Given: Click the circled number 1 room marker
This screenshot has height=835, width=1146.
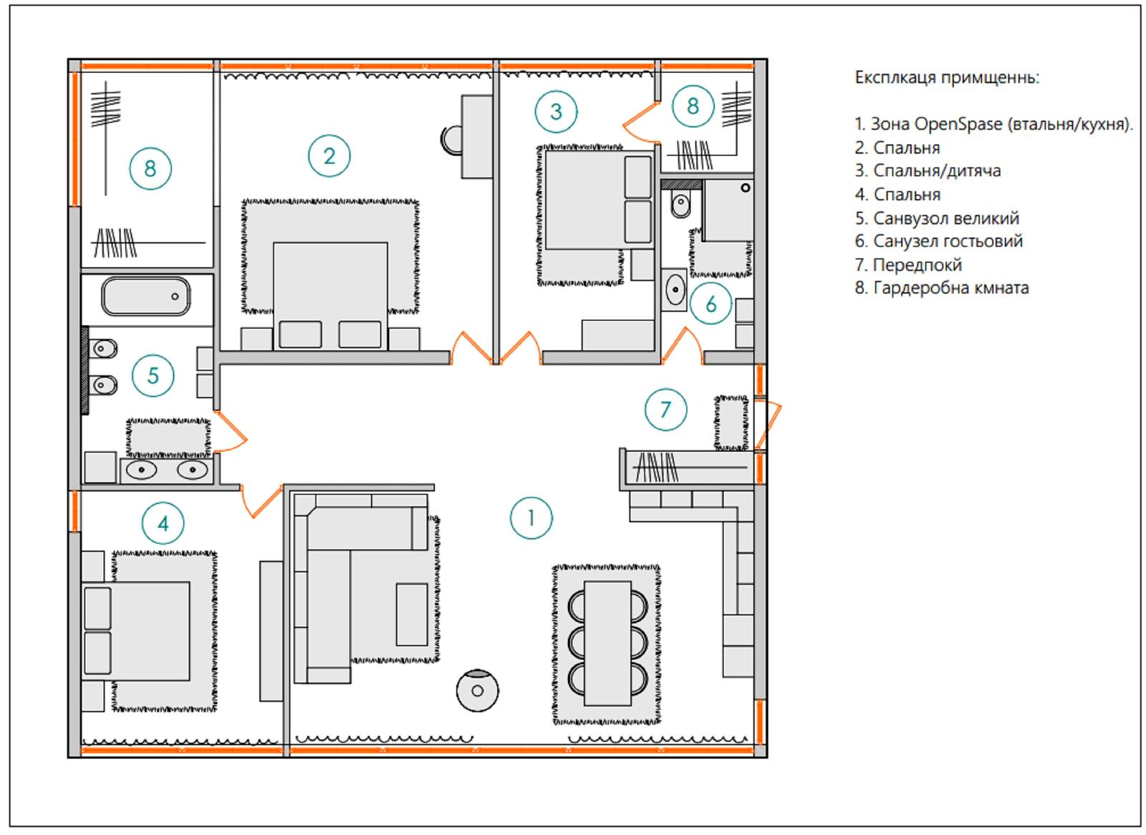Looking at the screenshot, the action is [x=531, y=518].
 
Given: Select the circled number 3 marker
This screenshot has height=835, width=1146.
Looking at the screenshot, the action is [x=556, y=112].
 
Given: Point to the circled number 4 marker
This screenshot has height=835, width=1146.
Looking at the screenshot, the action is [x=163, y=523].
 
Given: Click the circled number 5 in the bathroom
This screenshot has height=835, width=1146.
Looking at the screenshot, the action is [x=153, y=375].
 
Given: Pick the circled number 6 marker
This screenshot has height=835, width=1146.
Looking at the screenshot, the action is [x=711, y=304].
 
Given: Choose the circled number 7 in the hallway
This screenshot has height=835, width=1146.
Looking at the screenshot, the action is [x=665, y=410].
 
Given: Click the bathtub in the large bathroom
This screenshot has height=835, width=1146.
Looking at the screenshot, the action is [x=146, y=296].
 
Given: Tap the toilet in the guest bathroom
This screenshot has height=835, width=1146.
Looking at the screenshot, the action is [x=680, y=203].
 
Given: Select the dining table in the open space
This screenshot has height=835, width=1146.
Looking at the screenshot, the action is [x=607, y=643].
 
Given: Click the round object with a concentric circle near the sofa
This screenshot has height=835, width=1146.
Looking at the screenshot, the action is [x=477, y=690].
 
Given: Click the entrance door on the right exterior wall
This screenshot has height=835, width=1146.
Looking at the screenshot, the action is [x=768, y=425].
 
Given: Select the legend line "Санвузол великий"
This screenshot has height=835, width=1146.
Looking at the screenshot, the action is [x=937, y=218].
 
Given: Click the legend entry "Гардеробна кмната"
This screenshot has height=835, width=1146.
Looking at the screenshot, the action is [x=942, y=288].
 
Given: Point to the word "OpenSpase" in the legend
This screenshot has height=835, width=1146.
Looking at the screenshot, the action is [x=958, y=125].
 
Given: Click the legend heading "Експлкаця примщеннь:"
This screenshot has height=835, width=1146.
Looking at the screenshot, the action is [x=948, y=78].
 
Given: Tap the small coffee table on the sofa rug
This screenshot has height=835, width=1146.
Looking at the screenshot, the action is [x=412, y=614].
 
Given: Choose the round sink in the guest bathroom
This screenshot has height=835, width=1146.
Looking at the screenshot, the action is [x=675, y=289].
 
